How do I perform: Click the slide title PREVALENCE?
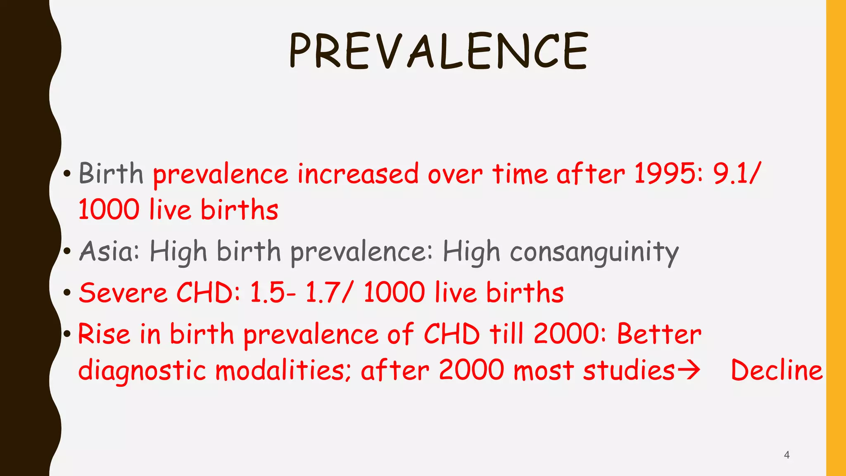click(438, 51)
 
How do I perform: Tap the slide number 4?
click(787, 455)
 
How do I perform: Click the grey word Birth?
click(111, 173)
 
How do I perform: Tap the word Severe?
click(123, 293)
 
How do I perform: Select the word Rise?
click(104, 334)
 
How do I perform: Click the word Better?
click(659, 334)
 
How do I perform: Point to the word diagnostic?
click(142, 370)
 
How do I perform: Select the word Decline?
click(777, 370)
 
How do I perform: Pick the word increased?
click(358, 173)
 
